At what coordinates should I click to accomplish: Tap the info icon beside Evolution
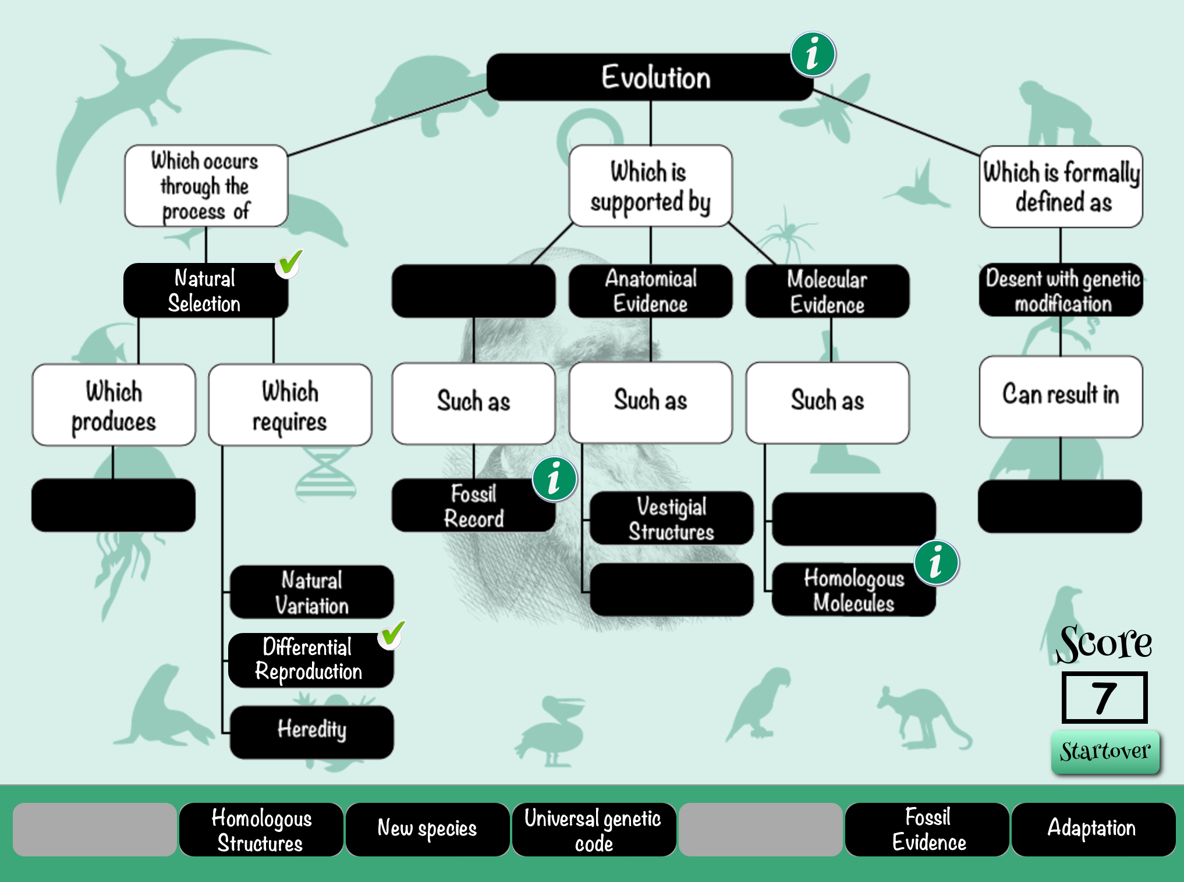tap(813, 55)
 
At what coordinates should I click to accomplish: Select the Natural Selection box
tap(205, 290)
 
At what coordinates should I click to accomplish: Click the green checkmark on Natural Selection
tap(289, 264)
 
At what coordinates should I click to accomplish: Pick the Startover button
tap(1105, 751)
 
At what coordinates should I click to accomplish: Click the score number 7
tap(1104, 698)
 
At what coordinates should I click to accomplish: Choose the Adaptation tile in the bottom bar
tap(1092, 829)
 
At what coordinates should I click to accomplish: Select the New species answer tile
tap(427, 829)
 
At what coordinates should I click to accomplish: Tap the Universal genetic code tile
tap(593, 829)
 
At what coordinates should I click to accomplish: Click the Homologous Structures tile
tap(261, 829)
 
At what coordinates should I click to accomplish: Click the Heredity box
tap(311, 731)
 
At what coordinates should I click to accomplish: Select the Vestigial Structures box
tap(671, 518)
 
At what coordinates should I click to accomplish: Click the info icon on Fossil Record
tap(554, 479)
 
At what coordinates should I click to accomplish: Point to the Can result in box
tap(1060, 396)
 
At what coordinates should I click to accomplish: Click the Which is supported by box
tap(650, 186)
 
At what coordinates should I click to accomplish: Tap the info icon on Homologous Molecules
tap(936, 563)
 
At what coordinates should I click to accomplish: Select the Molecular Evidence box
tap(827, 291)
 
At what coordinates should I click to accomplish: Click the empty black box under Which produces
tap(113, 505)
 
